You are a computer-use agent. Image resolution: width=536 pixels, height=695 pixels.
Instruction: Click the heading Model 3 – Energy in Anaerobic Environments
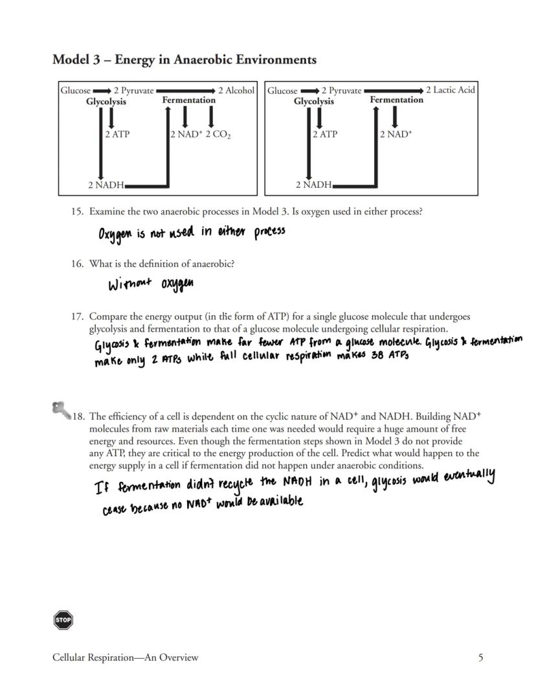point(184,60)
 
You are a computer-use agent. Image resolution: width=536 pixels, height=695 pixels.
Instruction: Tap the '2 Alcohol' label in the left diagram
point(236,91)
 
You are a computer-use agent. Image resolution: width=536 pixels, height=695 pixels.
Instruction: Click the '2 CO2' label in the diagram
point(218,135)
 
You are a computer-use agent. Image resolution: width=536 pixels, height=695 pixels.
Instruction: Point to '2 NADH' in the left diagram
point(106,185)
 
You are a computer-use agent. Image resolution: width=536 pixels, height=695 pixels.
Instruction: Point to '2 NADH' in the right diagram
point(313,185)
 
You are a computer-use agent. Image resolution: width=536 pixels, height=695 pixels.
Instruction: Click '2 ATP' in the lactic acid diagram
point(324,134)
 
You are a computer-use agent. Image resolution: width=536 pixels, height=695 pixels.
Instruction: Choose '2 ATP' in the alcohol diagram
point(117,134)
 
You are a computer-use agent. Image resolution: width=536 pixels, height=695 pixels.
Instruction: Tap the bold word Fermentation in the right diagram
point(396,100)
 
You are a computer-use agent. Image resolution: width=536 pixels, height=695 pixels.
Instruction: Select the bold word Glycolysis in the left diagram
point(106,101)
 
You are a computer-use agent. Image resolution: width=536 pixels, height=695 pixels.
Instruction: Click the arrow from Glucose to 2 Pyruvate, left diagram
point(102,91)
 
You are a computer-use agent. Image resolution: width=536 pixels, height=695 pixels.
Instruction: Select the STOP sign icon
point(63,620)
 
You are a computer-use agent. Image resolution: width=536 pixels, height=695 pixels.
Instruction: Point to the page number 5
point(480,657)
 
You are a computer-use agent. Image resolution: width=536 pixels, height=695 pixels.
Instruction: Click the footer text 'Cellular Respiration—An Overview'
point(126,657)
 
